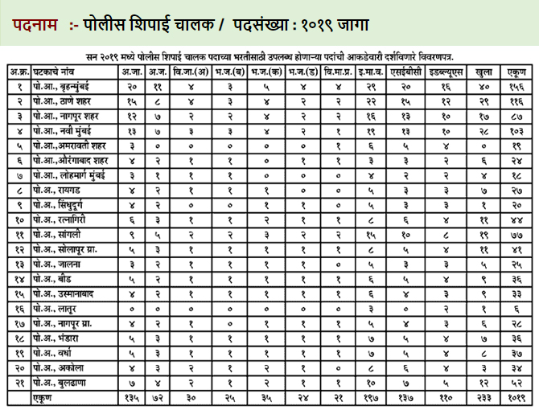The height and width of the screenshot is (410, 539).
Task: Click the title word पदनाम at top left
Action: pos(35,25)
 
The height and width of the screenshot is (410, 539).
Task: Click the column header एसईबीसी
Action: pos(406,72)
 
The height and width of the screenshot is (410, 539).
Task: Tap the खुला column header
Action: pos(483,72)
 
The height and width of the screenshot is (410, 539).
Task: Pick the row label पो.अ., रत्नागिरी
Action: pos(64,218)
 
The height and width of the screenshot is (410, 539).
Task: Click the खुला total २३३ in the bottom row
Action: pos(483,396)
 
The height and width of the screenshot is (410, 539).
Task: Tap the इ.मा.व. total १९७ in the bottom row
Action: pos(370,396)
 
